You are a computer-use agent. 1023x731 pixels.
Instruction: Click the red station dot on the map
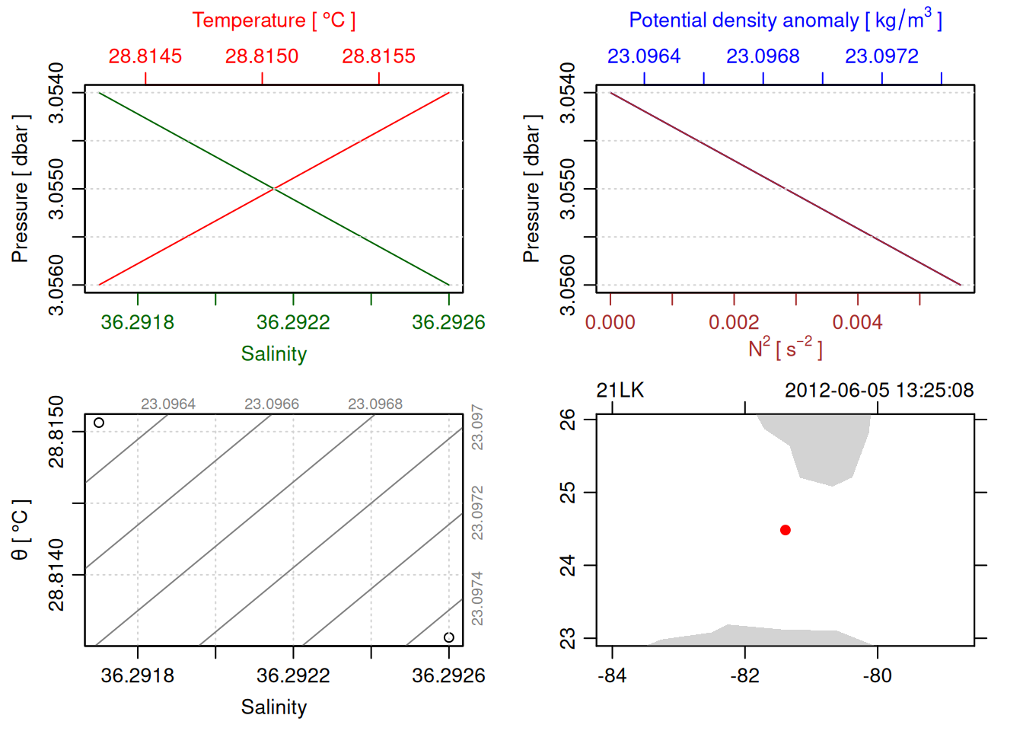coord(785,530)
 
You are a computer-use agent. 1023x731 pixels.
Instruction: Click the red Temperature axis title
coord(273,21)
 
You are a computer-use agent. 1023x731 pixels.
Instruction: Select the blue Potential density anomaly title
coord(785,21)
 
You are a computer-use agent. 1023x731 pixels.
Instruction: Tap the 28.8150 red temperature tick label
coord(262,56)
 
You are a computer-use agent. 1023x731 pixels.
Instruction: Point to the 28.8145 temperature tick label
coord(145,56)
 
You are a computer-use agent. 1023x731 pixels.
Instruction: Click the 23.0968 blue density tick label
coord(763,56)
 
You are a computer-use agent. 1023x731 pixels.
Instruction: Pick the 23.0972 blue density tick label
coord(881,56)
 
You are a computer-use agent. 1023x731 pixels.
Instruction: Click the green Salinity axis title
coord(273,354)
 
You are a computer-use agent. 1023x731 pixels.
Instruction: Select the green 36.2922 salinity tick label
coord(293,323)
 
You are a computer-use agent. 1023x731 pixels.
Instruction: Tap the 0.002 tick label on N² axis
coord(734,323)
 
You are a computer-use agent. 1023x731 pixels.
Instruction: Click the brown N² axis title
coord(785,349)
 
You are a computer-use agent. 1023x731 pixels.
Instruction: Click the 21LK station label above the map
coord(620,391)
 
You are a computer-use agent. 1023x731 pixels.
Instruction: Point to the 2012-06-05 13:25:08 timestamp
coord(879,391)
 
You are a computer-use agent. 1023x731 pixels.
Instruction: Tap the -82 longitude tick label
coord(744,676)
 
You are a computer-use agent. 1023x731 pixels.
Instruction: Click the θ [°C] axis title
coord(21,530)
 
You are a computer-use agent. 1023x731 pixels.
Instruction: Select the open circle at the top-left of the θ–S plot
coord(99,423)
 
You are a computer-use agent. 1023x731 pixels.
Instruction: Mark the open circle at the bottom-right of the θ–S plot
coord(449,637)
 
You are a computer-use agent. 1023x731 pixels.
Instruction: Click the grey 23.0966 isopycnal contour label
coord(272,404)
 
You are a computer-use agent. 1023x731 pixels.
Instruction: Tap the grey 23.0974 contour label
coord(477,599)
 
